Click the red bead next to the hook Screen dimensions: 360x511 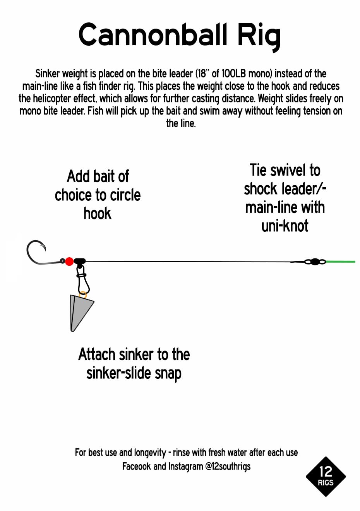pos(69,261)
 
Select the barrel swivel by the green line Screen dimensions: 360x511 pos(315,261)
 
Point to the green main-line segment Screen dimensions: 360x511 pos(340,261)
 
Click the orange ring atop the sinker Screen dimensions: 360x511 pos(82,295)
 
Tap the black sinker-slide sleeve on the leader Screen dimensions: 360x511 pos(80,261)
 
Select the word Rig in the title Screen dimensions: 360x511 pos(259,37)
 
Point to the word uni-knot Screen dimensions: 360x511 pos(285,226)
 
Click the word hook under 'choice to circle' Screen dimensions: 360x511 pos(98,214)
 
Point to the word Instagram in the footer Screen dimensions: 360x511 pos(185,467)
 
